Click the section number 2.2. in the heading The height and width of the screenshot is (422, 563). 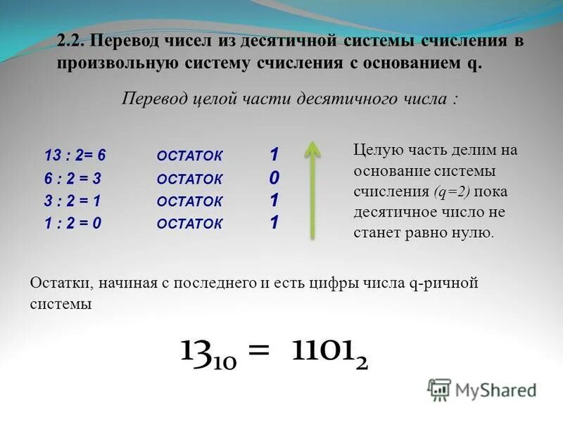pos(71,41)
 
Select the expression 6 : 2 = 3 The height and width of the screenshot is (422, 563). pos(73,179)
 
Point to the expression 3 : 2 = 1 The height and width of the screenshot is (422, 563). pos(73,201)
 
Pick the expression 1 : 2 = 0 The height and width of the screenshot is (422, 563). pos(73,224)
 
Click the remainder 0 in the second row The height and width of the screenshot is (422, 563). pos(274,178)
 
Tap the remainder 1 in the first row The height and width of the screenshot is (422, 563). pos(274,155)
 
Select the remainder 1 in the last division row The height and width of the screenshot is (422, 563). pos(274,223)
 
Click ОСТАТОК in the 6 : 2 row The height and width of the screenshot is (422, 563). pos(189,180)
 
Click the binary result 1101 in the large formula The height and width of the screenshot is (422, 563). pos(324,351)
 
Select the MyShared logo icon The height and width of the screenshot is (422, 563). pos(439,389)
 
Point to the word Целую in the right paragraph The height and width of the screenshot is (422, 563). pos(374,151)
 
